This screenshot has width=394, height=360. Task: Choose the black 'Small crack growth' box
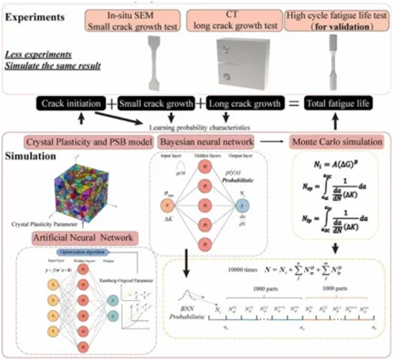[x=156, y=105]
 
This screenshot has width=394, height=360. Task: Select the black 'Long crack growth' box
[x=246, y=105]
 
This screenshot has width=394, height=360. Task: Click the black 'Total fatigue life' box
[x=338, y=105]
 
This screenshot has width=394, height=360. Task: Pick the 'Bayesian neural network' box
[x=207, y=141]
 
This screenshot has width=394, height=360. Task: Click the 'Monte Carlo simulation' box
[x=337, y=141]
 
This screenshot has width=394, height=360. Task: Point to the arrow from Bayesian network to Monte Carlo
[x=272, y=141]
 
